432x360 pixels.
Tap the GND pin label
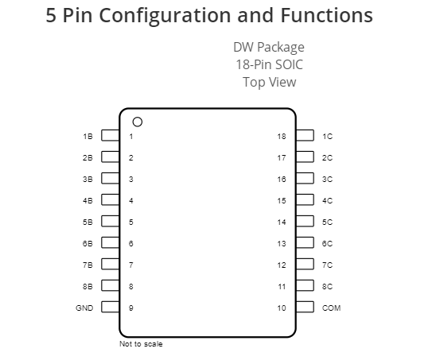[x=84, y=308]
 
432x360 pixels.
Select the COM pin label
[x=331, y=308]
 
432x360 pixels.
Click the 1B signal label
[x=88, y=137]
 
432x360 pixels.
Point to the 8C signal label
[x=327, y=287]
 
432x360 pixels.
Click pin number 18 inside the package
[x=282, y=137]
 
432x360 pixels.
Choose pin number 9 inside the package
[x=131, y=308]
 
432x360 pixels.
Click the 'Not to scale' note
[x=141, y=344]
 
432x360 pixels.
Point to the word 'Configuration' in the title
[x=165, y=16]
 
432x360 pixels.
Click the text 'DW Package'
[x=269, y=48]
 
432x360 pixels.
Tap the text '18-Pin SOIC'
[x=269, y=64]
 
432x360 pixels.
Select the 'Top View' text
[x=270, y=83]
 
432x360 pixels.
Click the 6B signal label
[x=88, y=244]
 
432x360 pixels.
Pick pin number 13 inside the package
[x=282, y=244]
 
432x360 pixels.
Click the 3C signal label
[x=327, y=179]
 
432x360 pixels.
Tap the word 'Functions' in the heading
[x=327, y=15]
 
